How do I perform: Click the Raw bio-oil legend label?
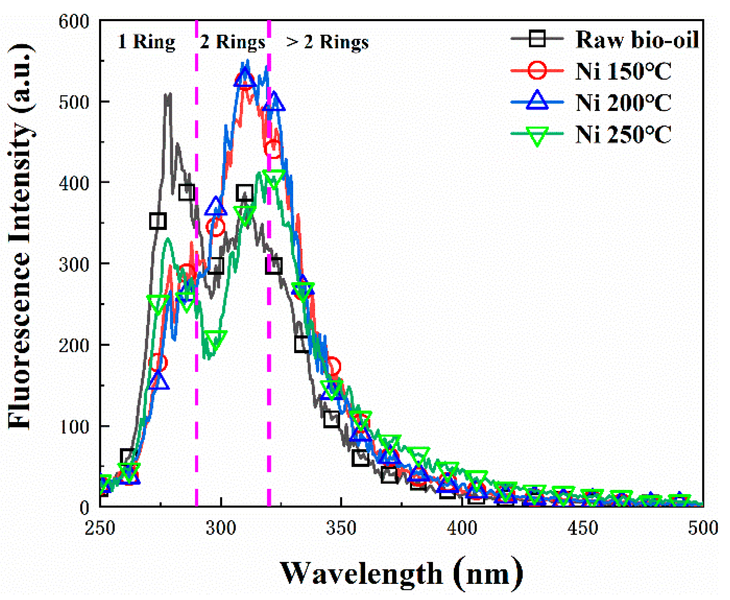click(x=637, y=39)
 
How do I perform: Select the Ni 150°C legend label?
click(x=623, y=71)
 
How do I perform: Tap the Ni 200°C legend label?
click(x=623, y=103)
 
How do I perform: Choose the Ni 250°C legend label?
click(x=623, y=134)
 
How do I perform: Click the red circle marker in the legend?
click(x=537, y=71)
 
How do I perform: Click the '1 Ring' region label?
click(x=146, y=41)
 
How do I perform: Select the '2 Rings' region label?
click(x=232, y=41)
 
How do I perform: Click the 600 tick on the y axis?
click(x=73, y=21)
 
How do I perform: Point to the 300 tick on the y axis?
click(x=73, y=264)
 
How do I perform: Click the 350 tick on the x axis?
click(x=341, y=528)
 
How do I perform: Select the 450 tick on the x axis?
click(x=582, y=528)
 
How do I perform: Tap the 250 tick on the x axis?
click(x=100, y=528)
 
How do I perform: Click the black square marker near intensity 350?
click(x=157, y=221)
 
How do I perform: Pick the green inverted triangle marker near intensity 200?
click(x=216, y=339)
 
